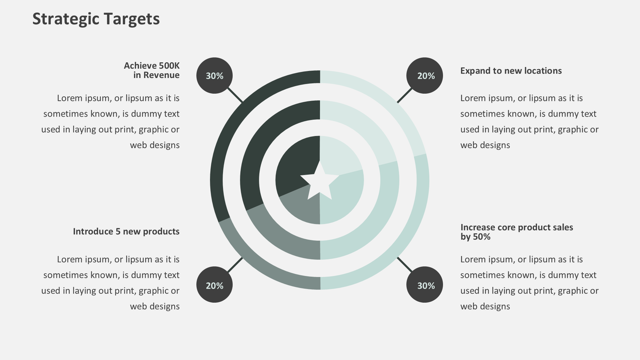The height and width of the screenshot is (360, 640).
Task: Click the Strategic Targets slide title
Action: point(96,19)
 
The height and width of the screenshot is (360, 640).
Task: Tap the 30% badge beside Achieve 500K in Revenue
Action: point(214,76)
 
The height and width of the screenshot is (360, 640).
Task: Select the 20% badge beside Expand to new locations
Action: point(425,76)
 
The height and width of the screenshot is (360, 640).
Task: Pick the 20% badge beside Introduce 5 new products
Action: point(214,285)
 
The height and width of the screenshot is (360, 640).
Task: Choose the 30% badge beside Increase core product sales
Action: point(425,285)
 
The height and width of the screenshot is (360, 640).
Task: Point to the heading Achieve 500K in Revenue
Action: point(152,70)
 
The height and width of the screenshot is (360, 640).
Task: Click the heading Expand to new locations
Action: point(511,71)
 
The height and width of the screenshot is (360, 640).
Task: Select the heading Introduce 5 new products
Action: point(126,231)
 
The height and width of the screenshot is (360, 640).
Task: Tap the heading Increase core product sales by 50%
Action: point(516,232)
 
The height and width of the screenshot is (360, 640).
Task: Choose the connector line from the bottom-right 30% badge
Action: point(404,265)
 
